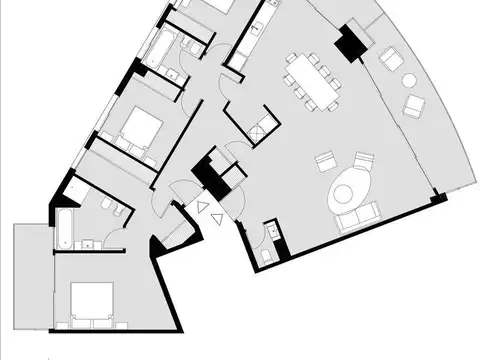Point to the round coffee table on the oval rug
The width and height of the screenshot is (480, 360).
[348, 187]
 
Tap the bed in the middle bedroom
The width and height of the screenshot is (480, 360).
[140, 127]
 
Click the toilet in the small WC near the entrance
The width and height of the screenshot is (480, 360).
[265, 255]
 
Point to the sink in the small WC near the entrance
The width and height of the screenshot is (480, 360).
[273, 232]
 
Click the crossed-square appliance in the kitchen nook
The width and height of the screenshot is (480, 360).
[258, 126]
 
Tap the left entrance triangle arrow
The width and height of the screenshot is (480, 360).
[202, 208]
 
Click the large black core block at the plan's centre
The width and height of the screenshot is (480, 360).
[208, 172]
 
